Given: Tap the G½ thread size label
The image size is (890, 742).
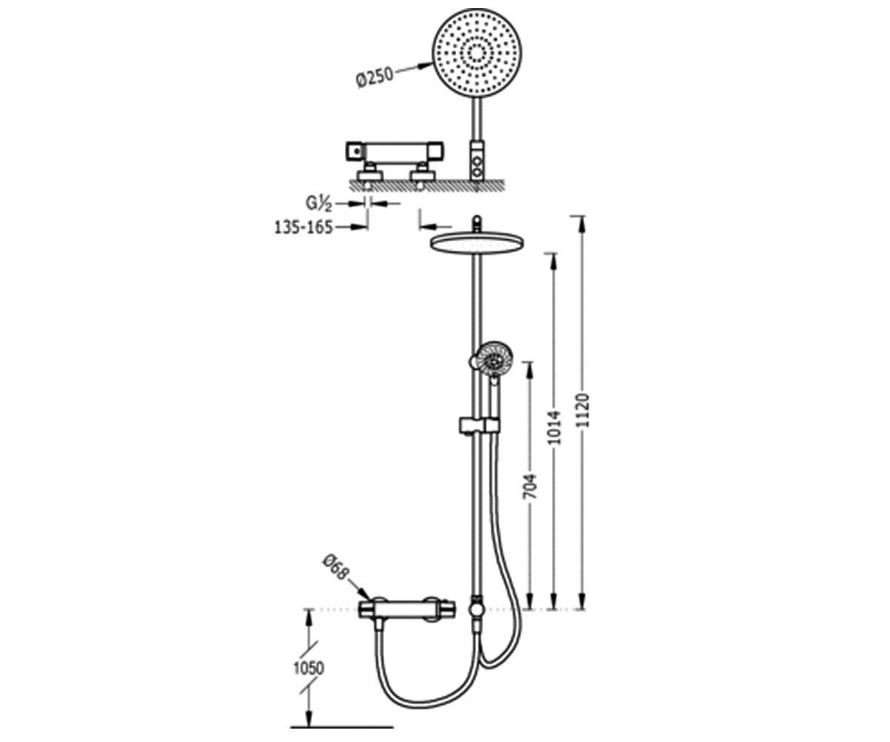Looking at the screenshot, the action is coord(318,203).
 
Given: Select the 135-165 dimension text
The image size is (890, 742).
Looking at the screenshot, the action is coord(303,227).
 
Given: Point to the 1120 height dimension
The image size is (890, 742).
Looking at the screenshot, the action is coord(584,410).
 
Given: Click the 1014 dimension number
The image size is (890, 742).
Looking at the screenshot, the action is coord(556,427).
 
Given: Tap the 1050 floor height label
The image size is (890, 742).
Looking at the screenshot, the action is coord(309,680).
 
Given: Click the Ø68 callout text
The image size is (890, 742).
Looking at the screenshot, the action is coord(335,567).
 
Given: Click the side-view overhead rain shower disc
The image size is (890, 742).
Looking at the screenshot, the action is coord(478,244).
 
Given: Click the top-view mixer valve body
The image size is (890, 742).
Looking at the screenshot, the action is coord(395,151).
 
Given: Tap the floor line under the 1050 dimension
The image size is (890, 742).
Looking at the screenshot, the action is coord(342,727).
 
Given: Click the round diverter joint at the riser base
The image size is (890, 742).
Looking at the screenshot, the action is coord(476,609).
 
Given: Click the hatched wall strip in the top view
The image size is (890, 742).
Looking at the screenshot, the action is coord(427,185).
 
